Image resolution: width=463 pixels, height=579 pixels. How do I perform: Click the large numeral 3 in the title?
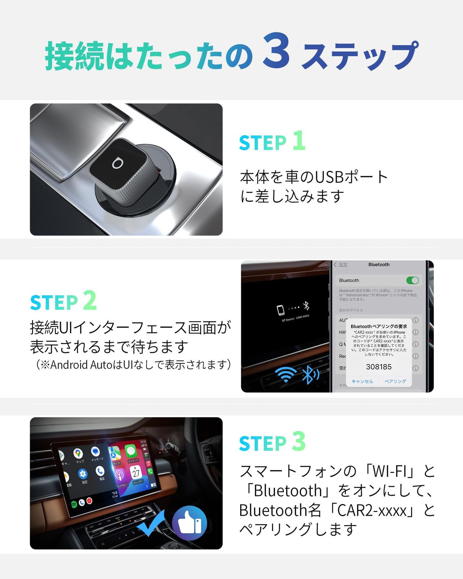click(276, 51)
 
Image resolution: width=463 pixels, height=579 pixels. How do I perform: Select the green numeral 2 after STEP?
click(90, 300)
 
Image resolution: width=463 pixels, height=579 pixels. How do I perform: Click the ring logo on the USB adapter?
click(116, 164)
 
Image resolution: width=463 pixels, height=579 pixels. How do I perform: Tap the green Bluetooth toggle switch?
click(412, 280)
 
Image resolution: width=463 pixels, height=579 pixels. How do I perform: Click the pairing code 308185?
click(379, 367)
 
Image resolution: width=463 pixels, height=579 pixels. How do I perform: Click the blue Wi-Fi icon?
click(286, 374)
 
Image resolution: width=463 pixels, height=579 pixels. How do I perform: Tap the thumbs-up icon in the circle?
click(190, 523)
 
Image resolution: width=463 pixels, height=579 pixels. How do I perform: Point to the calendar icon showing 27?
click(136, 473)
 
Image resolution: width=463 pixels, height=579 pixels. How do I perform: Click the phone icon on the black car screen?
click(281, 310)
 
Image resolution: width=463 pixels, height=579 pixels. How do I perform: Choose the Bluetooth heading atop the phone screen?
click(379, 265)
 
